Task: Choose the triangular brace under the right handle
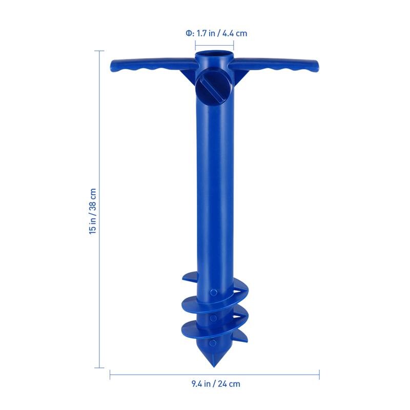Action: [240, 76]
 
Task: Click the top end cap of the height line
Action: [99, 51]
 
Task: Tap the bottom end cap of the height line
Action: [99, 367]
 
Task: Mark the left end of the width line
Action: [110, 375]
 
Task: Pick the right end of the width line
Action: [319, 375]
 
